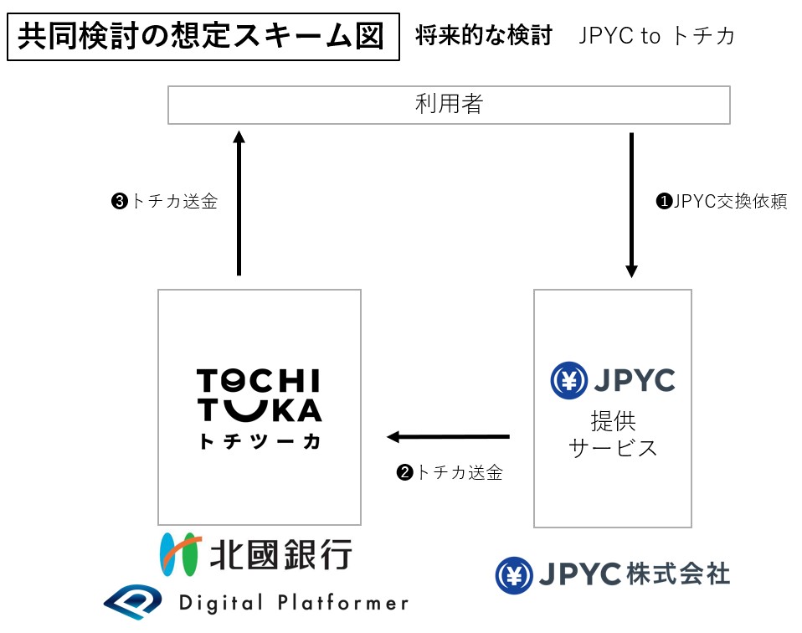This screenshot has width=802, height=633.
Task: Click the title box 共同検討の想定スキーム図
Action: click(202, 37)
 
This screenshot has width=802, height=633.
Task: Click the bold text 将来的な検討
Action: click(483, 36)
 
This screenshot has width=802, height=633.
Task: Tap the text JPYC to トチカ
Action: click(656, 36)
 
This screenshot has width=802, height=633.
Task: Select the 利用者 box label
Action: click(449, 105)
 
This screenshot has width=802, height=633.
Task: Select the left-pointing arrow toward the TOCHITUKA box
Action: click(448, 436)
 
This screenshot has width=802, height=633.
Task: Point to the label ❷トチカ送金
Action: click(450, 472)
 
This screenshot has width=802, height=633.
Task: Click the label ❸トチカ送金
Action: click(164, 202)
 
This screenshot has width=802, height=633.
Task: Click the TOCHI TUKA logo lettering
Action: click(259, 396)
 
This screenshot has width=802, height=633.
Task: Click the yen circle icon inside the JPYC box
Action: click(568, 381)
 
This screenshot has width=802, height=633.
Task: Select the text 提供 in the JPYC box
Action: click(613, 419)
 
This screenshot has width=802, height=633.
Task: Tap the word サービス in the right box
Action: click(613, 448)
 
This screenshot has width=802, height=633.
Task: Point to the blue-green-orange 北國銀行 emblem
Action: click(180, 553)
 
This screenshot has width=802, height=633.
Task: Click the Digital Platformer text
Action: click(293, 602)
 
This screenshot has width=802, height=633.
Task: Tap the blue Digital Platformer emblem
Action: click(134, 601)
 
